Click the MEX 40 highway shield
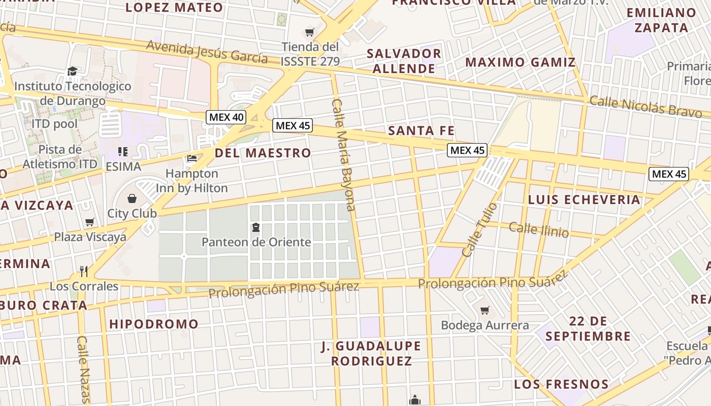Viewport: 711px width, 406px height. tap(227, 117)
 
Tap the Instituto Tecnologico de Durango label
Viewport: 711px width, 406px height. tap(73, 93)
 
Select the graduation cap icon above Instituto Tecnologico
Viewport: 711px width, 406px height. tap(73, 71)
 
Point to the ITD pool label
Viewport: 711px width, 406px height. tap(55, 123)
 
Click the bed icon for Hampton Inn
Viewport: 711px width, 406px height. tap(192, 158)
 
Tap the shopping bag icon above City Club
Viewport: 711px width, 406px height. tap(132, 197)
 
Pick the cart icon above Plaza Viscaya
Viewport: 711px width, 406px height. tap(90, 222)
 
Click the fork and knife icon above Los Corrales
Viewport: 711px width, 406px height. tap(84, 272)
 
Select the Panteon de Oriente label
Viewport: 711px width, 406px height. tap(256, 242)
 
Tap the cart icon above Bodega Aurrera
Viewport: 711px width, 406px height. tap(485, 310)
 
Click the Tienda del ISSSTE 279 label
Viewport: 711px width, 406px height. tap(310, 54)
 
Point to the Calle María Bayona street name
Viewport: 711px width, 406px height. tap(343, 154)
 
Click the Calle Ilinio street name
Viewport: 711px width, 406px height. tap(538, 229)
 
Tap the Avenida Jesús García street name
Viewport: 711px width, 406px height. tap(207, 52)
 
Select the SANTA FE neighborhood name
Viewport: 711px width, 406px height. tap(421, 130)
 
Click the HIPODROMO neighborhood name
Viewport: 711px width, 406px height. tap(153, 324)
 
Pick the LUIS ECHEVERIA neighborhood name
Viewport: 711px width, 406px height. tap(584, 199)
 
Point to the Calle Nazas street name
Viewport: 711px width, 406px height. tap(83, 369)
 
